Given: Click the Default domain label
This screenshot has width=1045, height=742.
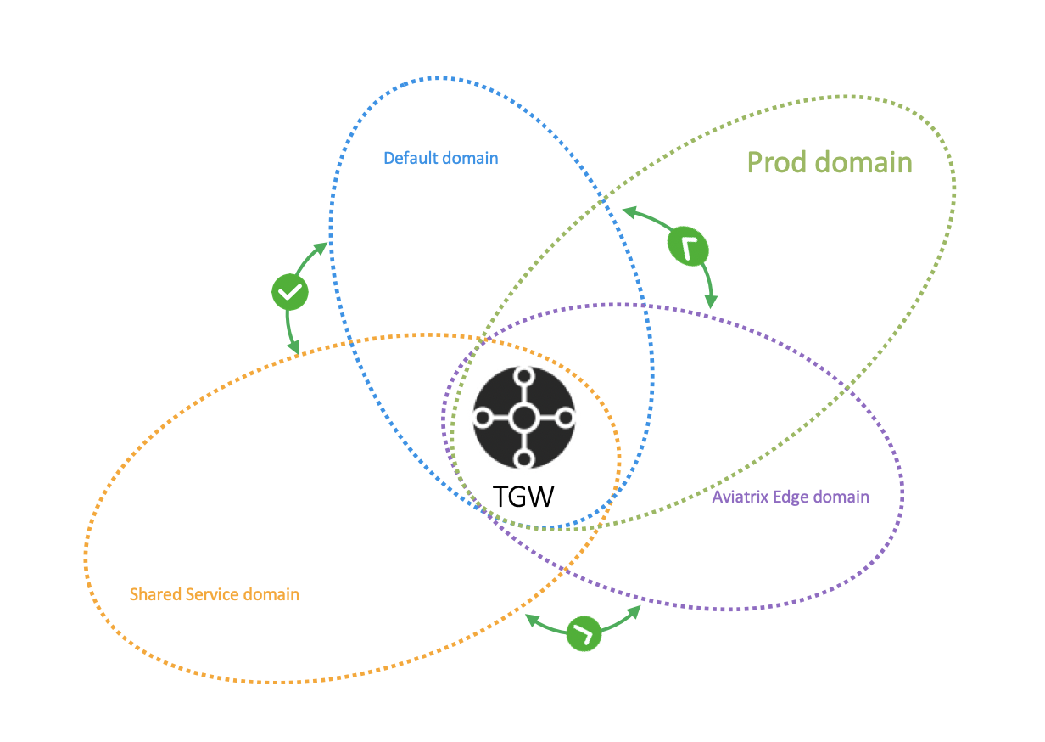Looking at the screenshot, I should pos(440,158).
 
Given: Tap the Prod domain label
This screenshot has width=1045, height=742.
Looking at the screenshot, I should pos(830,162).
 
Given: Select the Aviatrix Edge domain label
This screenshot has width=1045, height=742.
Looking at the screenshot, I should pos(791,497).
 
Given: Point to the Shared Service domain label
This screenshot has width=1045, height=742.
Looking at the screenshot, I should pos(215,594).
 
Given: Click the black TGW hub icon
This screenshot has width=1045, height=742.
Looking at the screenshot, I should pos(523,417).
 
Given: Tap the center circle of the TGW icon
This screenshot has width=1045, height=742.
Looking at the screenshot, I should pos(523,417).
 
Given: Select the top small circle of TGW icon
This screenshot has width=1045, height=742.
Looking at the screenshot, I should pos(523,376).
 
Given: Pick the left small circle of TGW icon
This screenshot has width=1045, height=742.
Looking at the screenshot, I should pos(483,418).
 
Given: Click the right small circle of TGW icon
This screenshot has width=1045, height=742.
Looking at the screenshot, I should pos(565,418).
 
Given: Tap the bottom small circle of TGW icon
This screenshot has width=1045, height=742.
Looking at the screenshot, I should pos(523,459).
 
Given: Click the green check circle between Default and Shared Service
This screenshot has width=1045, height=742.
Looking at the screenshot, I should pos(289,293).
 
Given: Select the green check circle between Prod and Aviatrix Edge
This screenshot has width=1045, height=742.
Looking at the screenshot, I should pos(688,245).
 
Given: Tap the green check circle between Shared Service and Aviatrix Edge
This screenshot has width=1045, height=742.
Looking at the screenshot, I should pos(584,633).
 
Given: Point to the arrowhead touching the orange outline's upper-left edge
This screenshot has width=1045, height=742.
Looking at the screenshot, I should pos(294,347).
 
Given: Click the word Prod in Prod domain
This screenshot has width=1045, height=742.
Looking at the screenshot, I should pos(776,162).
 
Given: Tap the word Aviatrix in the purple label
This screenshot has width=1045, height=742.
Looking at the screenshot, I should pos(740,497).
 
